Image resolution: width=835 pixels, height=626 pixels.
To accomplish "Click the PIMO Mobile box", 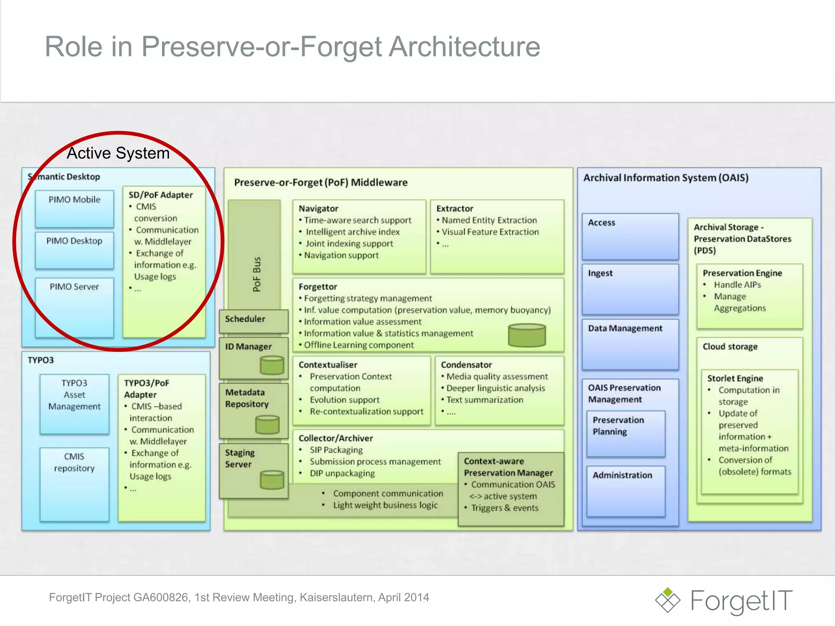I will tap(74, 208).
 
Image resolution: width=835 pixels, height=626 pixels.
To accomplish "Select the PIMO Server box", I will tap(74, 308).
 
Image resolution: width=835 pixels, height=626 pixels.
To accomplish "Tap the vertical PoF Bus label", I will tap(256, 274).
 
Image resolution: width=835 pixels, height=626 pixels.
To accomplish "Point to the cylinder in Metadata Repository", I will tap(267, 425).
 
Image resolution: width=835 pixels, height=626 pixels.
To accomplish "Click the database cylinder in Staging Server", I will tap(272, 480).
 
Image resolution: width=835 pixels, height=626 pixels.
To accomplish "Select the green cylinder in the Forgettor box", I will tap(527, 335).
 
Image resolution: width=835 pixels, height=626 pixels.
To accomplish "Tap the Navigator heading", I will tap(318, 208).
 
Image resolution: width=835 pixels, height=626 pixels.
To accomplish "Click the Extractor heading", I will tap(455, 208).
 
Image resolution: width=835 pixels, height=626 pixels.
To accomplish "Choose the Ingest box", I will tap(630, 289).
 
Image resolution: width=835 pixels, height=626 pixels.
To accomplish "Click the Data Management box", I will tap(630, 344).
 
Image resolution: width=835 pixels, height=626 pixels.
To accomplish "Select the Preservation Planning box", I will tap(625, 433).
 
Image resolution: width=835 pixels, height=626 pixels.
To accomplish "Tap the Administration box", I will tap(625, 491).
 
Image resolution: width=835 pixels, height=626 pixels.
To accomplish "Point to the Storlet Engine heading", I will tap(735, 378).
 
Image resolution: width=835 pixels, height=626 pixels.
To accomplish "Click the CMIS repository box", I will tap(74, 484).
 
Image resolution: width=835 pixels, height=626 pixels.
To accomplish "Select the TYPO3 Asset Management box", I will tap(74, 403).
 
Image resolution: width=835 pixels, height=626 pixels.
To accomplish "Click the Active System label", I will tap(118, 153).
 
